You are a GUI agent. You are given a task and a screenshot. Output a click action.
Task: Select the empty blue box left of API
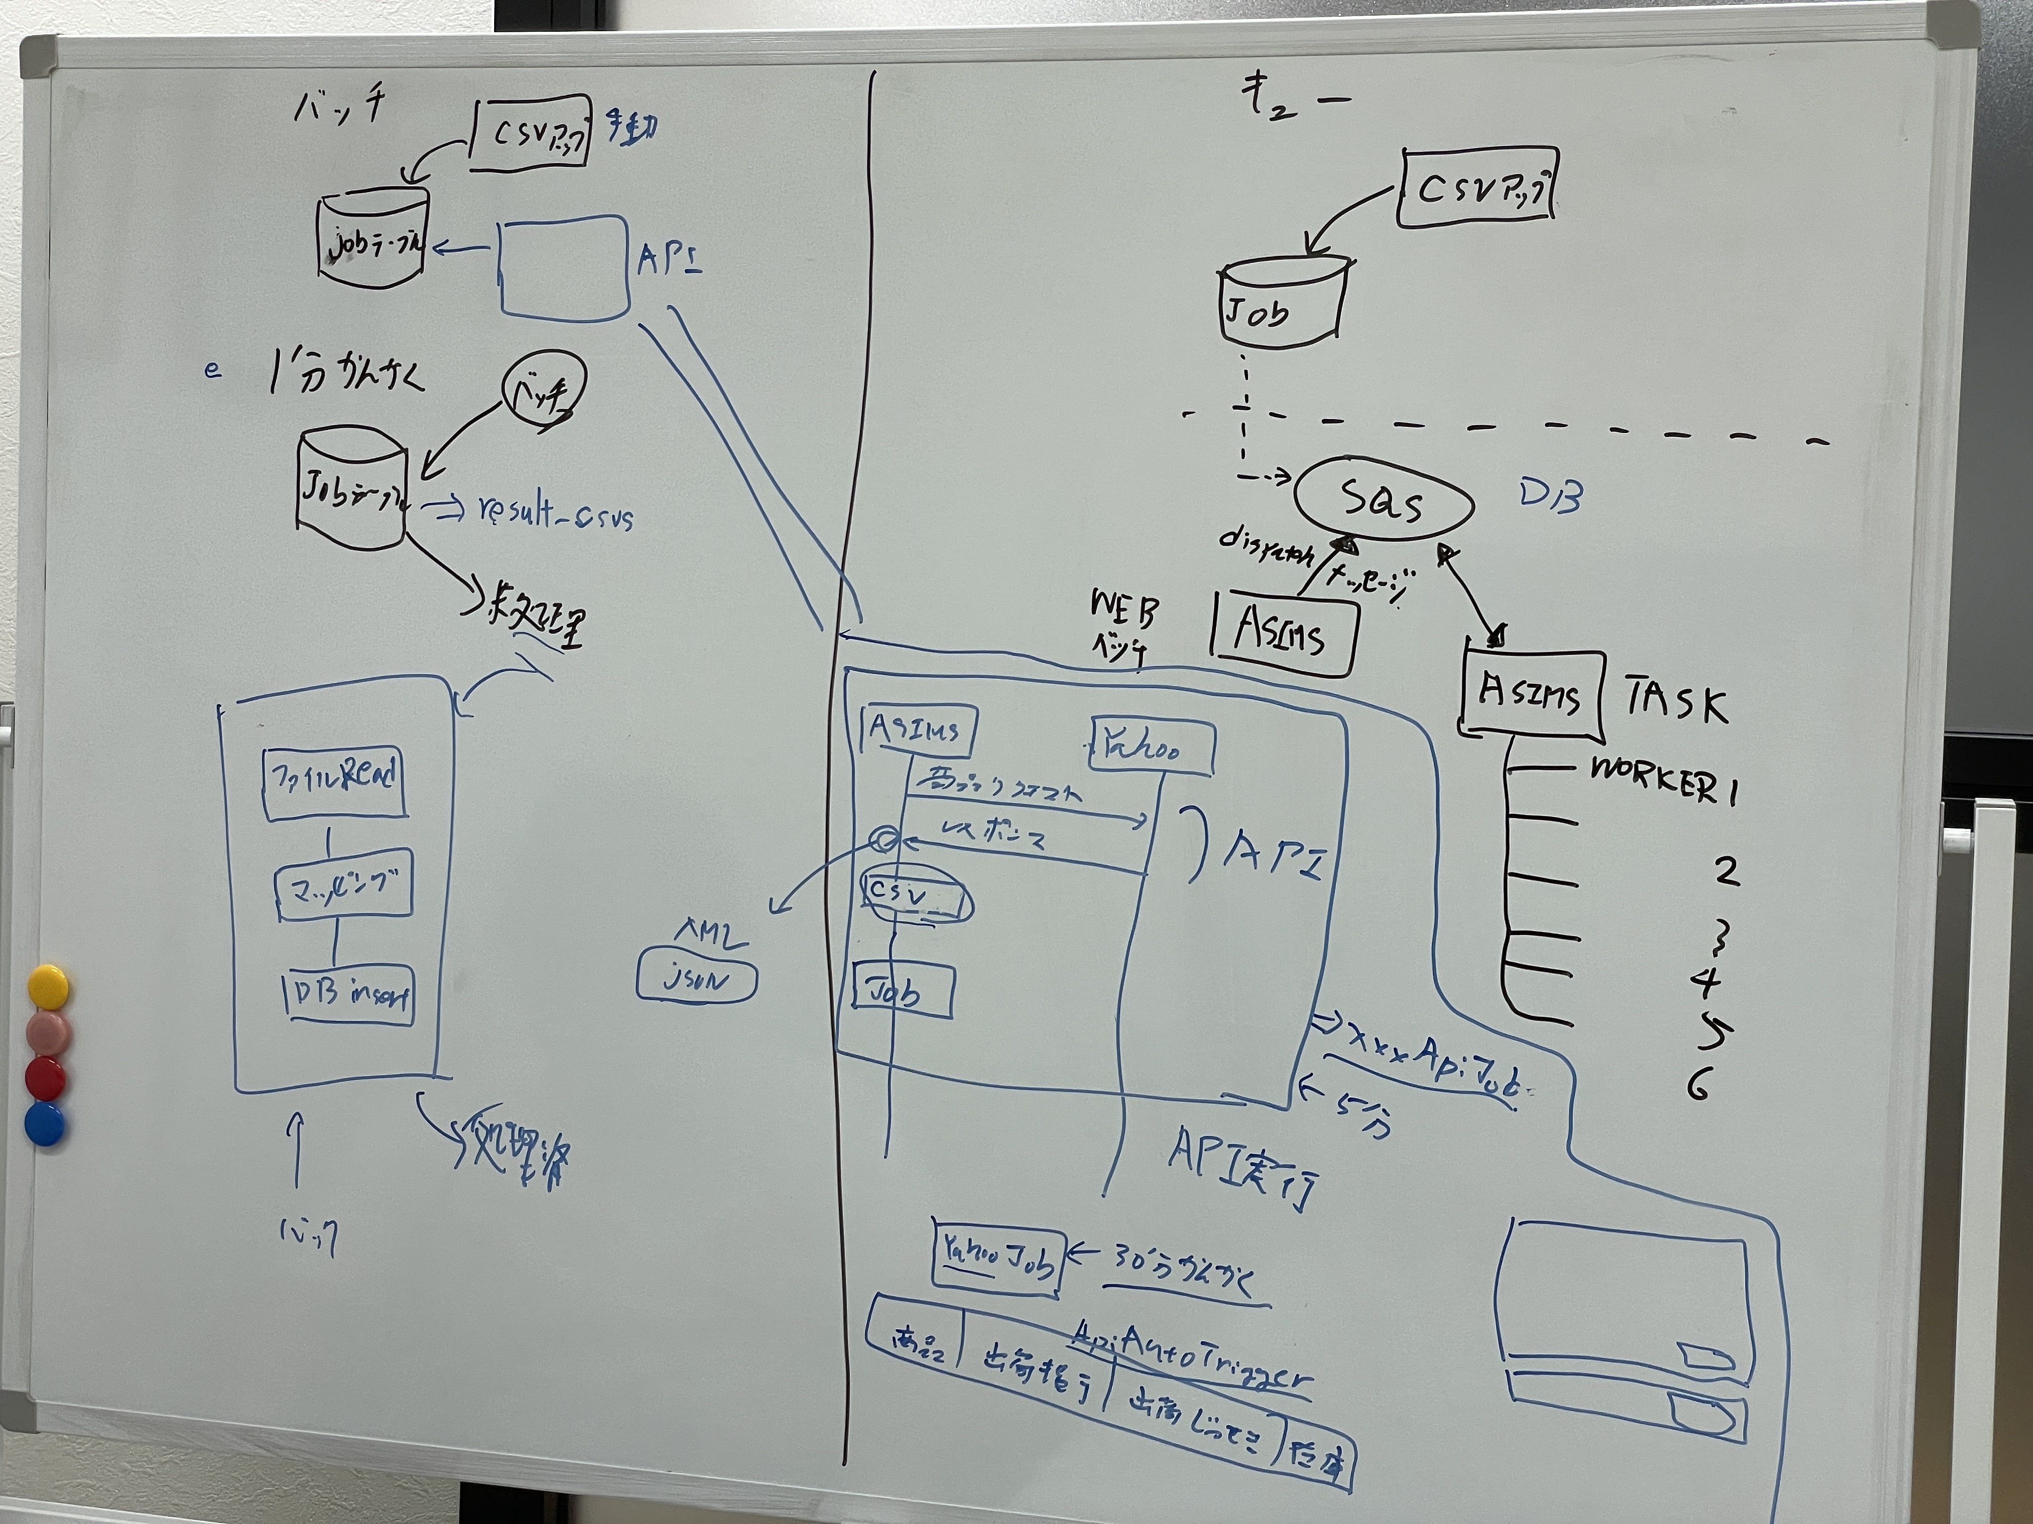click(x=563, y=268)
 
